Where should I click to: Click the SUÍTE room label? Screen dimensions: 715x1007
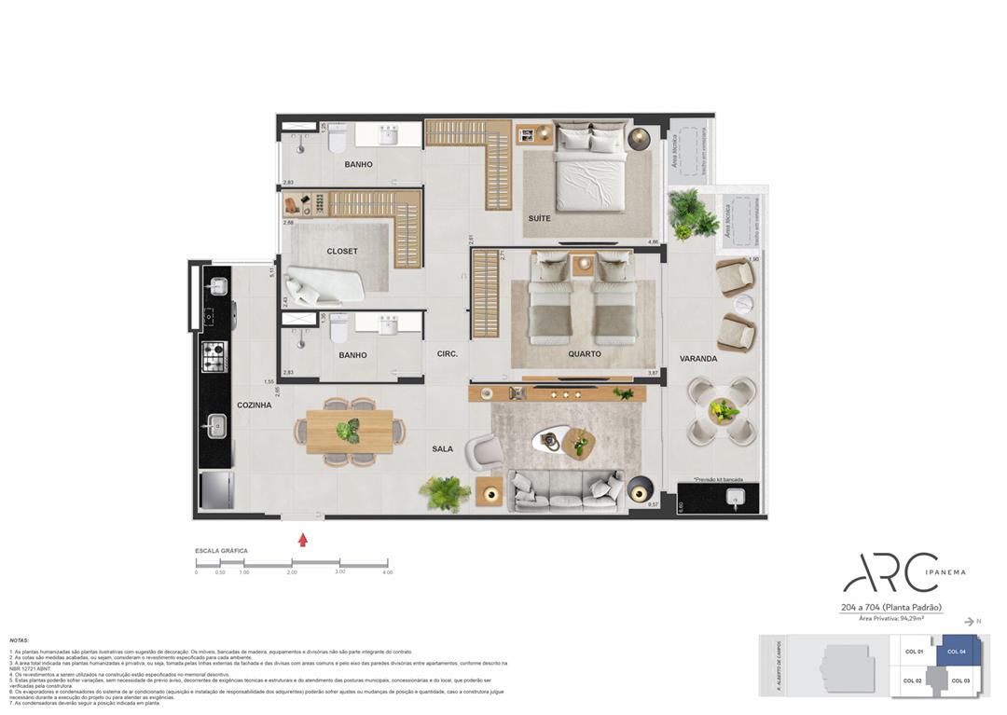pyautogui.click(x=539, y=218)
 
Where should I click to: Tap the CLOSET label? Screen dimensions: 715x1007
pyautogui.click(x=342, y=251)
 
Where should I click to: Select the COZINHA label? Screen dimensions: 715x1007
pyautogui.click(x=254, y=405)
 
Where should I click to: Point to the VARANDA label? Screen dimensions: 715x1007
pyautogui.click(x=697, y=358)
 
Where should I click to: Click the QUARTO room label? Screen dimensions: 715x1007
pyautogui.click(x=585, y=353)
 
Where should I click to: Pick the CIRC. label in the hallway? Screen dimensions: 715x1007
pyautogui.click(x=447, y=354)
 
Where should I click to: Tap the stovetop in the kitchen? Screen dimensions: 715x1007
pyautogui.click(x=214, y=354)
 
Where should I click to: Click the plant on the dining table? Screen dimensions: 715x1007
pyautogui.click(x=349, y=431)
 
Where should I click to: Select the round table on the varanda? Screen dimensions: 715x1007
pyautogui.click(x=723, y=410)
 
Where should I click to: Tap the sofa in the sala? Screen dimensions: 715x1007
pyautogui.click(x=565, y=490)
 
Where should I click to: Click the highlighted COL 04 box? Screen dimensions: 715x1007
pyautogui.click(x=958, y=651)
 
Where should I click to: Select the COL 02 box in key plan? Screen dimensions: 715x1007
pyautogui.click(x=912, y=681)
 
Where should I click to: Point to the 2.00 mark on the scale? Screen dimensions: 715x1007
pyautogui.click(x=292, y=571)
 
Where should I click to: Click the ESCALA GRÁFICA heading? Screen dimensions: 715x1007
pyautogui.click(x=221, y=551)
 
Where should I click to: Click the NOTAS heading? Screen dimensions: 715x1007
pyautogui.click(x=19, y=640)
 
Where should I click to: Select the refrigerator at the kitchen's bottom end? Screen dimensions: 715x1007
pyautogui.click(x=216, y=490)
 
